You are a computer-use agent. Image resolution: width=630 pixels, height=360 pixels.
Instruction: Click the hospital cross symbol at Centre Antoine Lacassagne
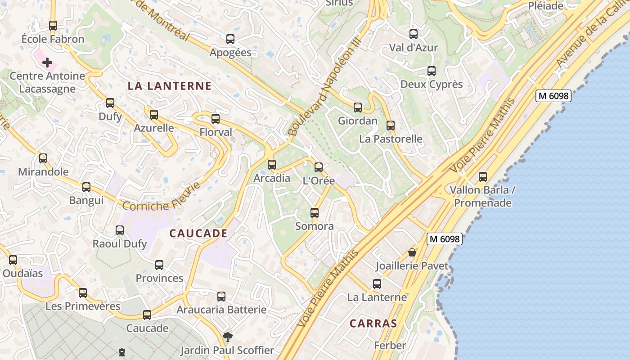tap(47, 63)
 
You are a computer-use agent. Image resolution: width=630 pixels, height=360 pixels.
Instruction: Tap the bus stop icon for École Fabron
tap(53, 26)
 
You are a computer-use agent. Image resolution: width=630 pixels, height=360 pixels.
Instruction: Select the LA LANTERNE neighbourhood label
tap(170, 86)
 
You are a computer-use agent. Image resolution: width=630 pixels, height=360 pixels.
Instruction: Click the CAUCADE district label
tap(198, 233)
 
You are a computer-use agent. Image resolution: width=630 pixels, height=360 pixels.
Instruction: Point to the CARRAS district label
tap(373, 323)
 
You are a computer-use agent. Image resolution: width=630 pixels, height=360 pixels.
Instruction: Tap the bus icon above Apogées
tap(230, 39)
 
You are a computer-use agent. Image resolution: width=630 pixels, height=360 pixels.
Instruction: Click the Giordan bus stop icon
tap(358, 108)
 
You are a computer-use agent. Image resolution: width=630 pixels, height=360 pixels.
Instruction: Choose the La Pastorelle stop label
tap(391, 139)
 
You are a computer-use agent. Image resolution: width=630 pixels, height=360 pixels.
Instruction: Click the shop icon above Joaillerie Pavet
tap(412, 252)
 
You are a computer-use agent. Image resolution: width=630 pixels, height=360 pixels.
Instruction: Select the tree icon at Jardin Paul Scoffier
tap(228, 337)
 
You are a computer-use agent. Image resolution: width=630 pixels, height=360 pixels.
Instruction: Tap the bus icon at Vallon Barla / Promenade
tap(483, 177)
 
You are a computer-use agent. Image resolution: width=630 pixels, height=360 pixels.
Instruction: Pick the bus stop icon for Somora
tap(315, 213)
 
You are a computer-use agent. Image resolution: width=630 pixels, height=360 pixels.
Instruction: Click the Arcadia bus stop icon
tap(272, 165)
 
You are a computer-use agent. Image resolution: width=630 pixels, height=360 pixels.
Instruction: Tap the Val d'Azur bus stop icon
tap(414, 34)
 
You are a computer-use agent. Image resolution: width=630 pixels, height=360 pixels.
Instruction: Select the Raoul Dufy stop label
tap(120, 244)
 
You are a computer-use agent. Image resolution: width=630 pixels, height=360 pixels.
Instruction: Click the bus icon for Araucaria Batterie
tap(221, 297)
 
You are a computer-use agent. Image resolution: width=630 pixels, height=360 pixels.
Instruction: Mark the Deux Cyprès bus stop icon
tap(432, 71)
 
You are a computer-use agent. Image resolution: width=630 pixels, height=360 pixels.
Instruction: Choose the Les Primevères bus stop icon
tap(83, 293)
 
